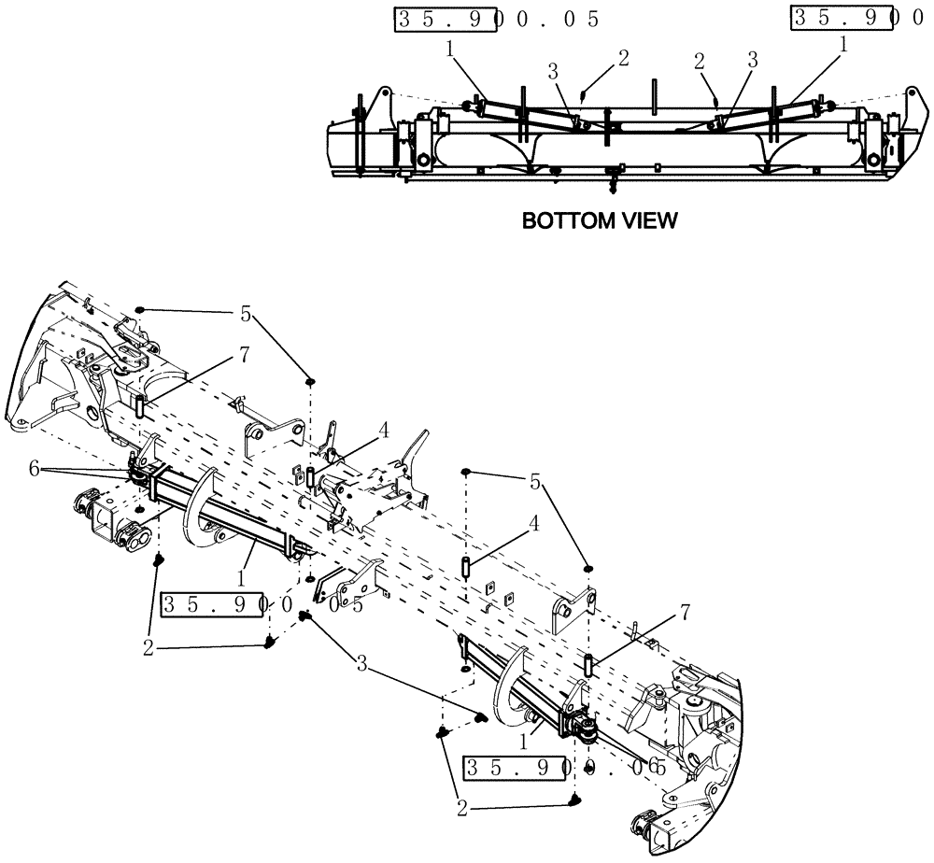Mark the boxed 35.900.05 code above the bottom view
click(496, 19)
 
